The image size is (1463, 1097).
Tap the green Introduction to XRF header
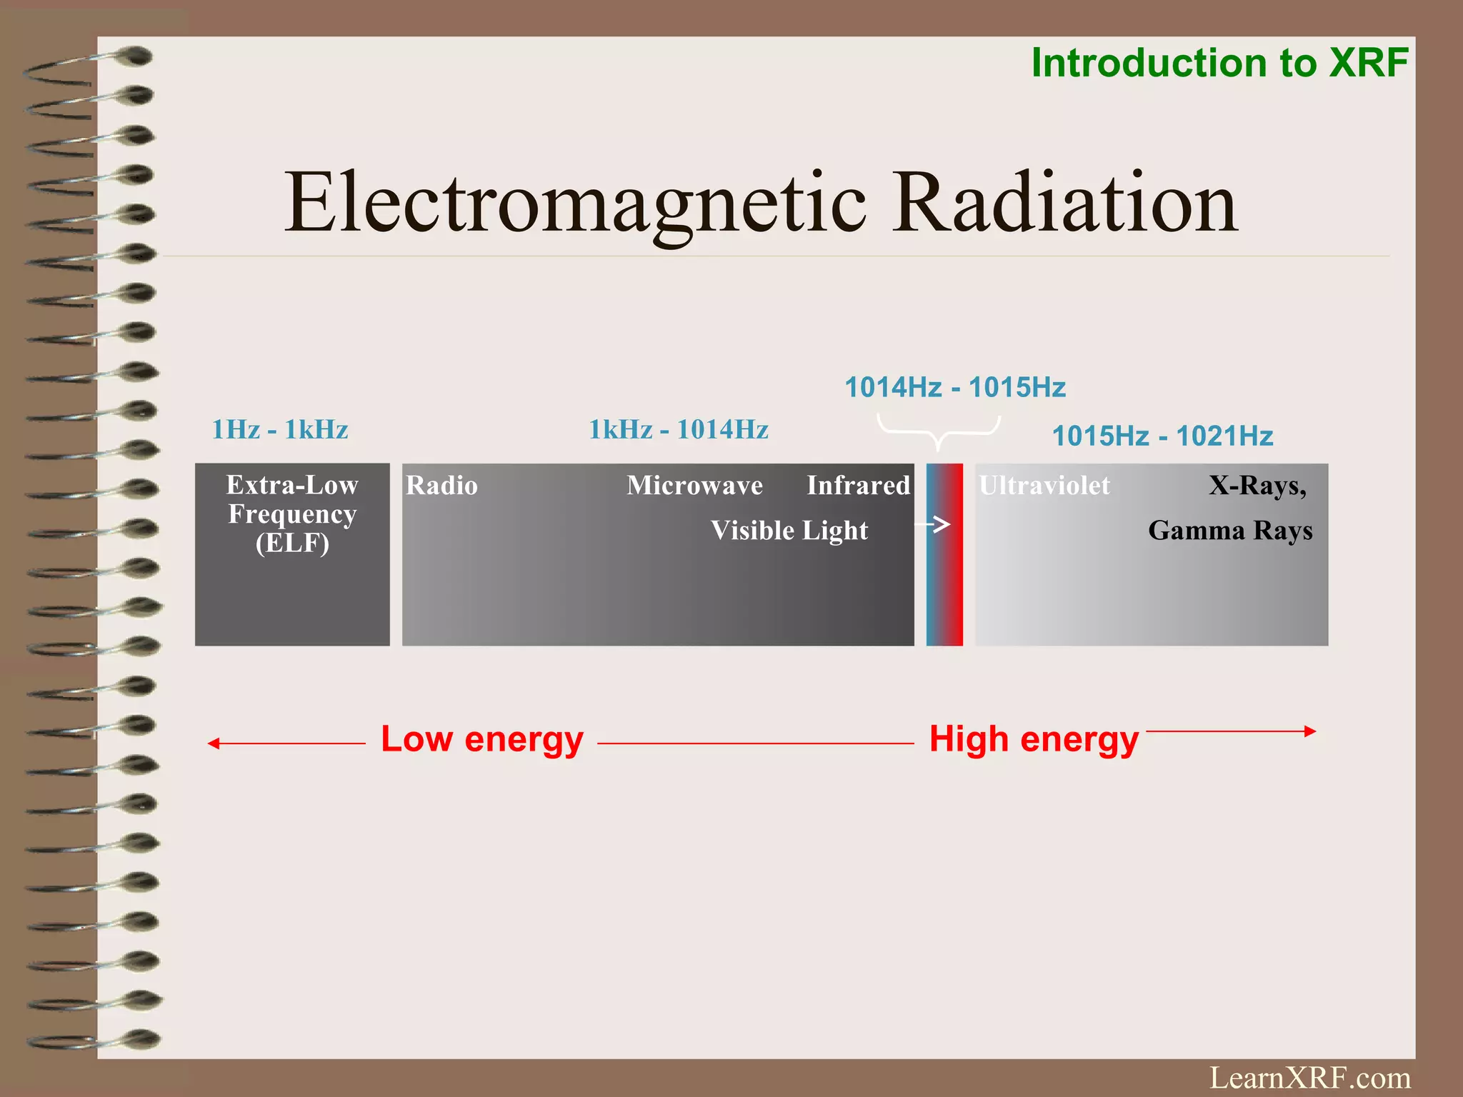coord(1219,63)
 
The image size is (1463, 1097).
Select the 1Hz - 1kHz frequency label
coord(280,430)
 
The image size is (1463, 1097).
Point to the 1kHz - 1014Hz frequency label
coord(678,430)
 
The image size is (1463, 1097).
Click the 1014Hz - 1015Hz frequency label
coord(955,388)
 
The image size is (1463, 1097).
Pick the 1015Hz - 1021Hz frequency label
coord(1162,436)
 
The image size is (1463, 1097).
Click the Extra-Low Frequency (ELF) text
coord(292,514)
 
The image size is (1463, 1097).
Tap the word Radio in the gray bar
coord(441,486)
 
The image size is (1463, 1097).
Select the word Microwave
coord(694,486)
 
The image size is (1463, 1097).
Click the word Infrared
coord(858,486)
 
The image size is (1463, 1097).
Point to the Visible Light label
coord(789,531)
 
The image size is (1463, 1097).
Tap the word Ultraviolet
coord(1044,486)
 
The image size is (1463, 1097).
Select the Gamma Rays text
coord(1230,531)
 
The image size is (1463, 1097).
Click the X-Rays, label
coord(1257,486)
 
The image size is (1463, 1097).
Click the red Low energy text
coord(482,739)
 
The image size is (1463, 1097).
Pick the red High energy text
coord(1034,739)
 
